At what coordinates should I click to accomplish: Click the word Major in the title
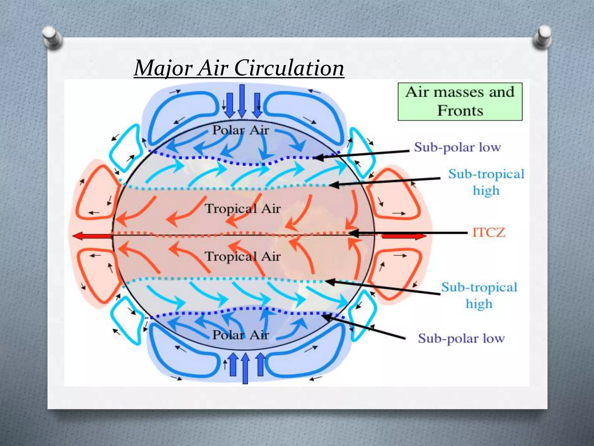pyautogui.click(x=163, y=69)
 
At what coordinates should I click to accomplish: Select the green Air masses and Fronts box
pyautogui.click(x=460, y=102)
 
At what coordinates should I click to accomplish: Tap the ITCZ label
pyautogui.click(x=489, y=232)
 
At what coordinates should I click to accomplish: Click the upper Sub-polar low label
pyautogui.click(x=457, y=147)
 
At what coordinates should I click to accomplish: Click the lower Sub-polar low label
pyautogui.click(x=461, y=338)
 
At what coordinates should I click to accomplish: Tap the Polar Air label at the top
pyautogui.click(x=241, y=130)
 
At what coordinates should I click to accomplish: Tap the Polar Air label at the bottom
pyautogui.click(x=241, y=335)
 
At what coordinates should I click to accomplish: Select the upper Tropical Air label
pyautogui.click(x=242, y=208)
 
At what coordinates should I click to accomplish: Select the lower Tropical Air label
pyautogui.click(x=242, y=256)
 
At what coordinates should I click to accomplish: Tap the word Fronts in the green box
pyautogui.click(x=460, y=111)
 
